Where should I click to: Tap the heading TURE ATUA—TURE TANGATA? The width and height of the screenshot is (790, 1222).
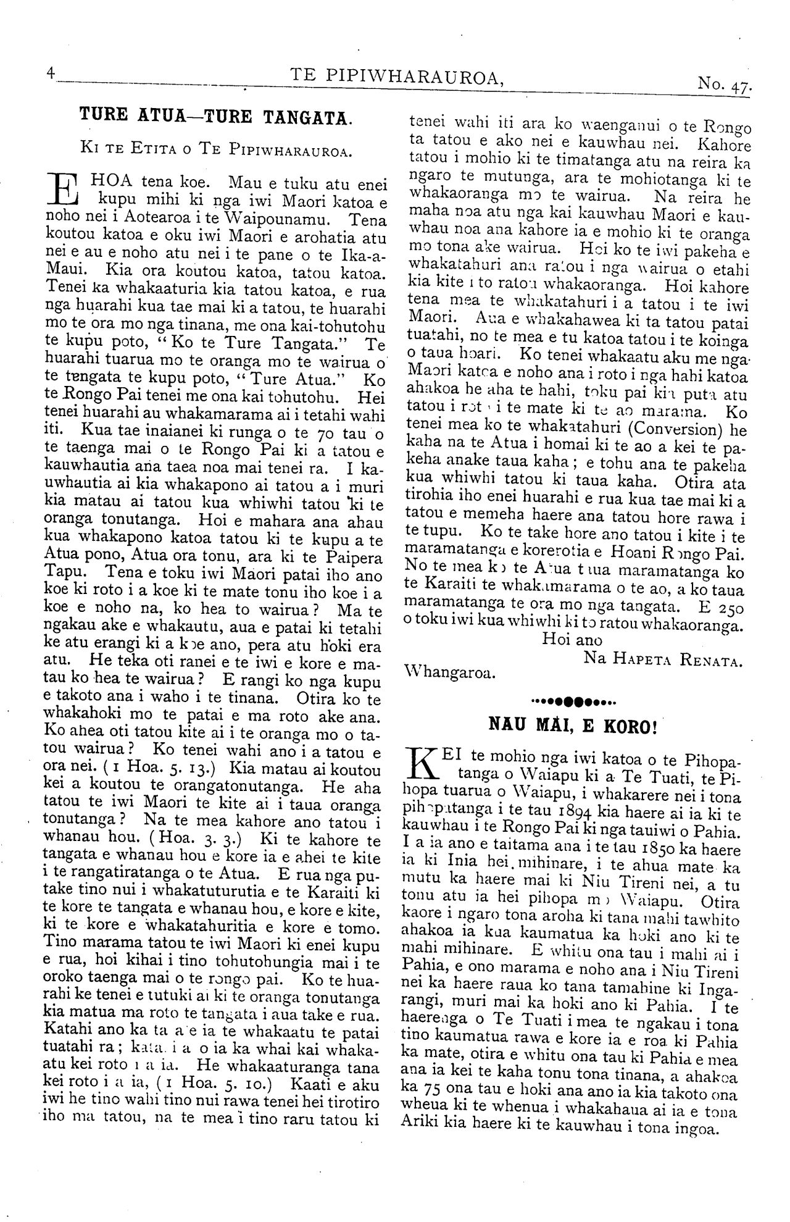216,115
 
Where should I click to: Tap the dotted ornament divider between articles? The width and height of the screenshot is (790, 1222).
573,701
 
